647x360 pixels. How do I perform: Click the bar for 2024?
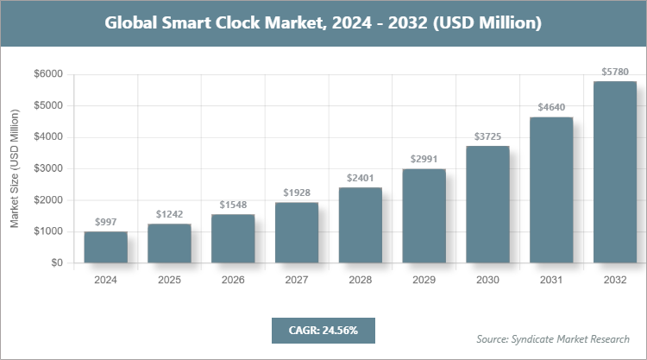pos(105,247)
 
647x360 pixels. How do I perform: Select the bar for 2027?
pos(297,232)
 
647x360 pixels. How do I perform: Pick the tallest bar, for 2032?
pos(615,172)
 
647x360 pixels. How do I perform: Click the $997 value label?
pos(105,222)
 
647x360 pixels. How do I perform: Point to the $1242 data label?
pos(169,214)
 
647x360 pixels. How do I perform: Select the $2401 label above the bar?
pos(361,178)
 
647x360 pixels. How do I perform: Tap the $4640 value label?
pos(551,107)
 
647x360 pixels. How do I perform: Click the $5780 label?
pos(615,72)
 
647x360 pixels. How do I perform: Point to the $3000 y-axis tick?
pos(48,168)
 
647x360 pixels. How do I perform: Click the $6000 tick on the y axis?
pos(48,74)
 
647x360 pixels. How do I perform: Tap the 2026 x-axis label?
pos(233,280)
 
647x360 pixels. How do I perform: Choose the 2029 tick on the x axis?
pos(424,280)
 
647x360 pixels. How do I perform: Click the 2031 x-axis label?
pos(551,280)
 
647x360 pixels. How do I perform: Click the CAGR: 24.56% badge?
pos(323,330)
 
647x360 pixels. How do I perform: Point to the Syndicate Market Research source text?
pos(553,338)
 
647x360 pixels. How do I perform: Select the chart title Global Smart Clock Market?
pos(323,23)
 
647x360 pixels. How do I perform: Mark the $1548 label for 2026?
pos(233,205)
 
